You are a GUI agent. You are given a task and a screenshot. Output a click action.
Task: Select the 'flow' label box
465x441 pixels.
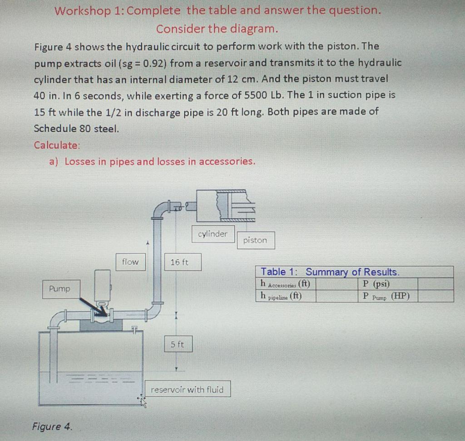click(x=130, y=262)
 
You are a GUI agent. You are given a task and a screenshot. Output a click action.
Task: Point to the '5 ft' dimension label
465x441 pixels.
click(x=178, y=344)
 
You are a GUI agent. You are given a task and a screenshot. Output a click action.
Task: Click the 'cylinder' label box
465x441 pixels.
click(x=213, y=234)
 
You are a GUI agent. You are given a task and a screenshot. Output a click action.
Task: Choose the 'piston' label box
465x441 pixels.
click(x=255, y=240)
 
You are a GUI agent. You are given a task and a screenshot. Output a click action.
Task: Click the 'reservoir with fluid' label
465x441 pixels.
click(x=187, y=389)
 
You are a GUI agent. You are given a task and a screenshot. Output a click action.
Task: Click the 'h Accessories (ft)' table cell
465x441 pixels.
click(x=285, y=284)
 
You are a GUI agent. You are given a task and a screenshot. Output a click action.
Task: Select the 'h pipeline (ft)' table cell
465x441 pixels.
click(x=285, y=296)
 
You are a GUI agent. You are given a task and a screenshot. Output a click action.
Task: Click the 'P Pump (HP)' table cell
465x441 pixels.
click(x=386, y=296)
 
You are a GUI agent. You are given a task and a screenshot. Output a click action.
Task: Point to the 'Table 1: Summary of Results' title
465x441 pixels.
click(x=330, y=272)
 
